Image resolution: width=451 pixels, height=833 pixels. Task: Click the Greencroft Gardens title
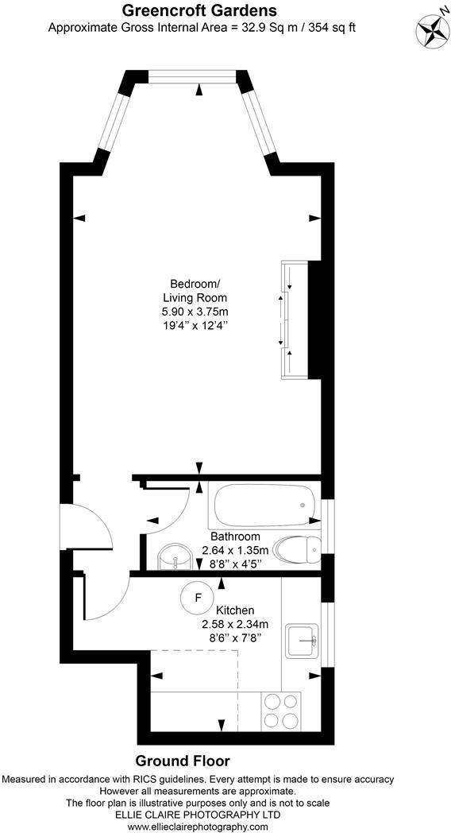[199, 10]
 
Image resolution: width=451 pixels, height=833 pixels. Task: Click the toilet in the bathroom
[296, 547]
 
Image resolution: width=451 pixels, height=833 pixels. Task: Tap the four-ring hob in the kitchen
[281, 709]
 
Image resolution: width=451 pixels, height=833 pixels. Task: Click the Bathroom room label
[235, 537]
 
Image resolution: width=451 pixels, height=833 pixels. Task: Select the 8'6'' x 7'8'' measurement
[234, 637]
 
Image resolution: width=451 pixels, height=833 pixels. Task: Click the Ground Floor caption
[183, 761]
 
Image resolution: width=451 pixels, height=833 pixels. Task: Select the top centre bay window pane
[191, 76]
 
